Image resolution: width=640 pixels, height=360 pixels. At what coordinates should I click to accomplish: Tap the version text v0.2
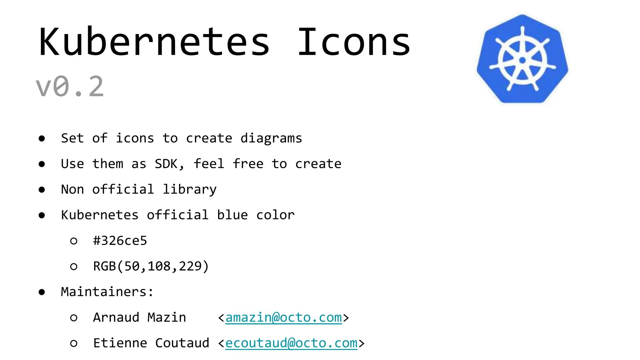click(70, 87)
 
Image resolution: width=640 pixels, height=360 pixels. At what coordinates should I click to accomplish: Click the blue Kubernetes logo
click(522, 59)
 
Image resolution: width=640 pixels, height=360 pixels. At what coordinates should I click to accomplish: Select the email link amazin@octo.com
click(283, 317)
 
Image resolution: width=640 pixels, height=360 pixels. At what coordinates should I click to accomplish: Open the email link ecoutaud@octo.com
click(291, 343)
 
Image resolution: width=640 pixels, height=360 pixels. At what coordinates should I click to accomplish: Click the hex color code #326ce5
click(120, 241)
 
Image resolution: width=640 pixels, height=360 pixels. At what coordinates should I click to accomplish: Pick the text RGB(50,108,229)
click(151, 266)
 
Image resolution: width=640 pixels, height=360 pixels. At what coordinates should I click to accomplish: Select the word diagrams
click(271, 138)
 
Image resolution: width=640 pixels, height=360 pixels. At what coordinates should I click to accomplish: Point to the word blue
click(232, 215)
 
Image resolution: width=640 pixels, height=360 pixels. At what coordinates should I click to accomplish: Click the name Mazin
click(167, 317)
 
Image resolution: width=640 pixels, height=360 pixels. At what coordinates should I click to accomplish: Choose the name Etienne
click(120, 343)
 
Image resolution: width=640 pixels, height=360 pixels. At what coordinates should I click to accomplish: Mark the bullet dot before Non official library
click(42, 190)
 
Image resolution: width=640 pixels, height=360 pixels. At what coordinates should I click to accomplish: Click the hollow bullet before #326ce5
click(74, 241)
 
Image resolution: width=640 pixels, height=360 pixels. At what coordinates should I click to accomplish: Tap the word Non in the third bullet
click(72, 189)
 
